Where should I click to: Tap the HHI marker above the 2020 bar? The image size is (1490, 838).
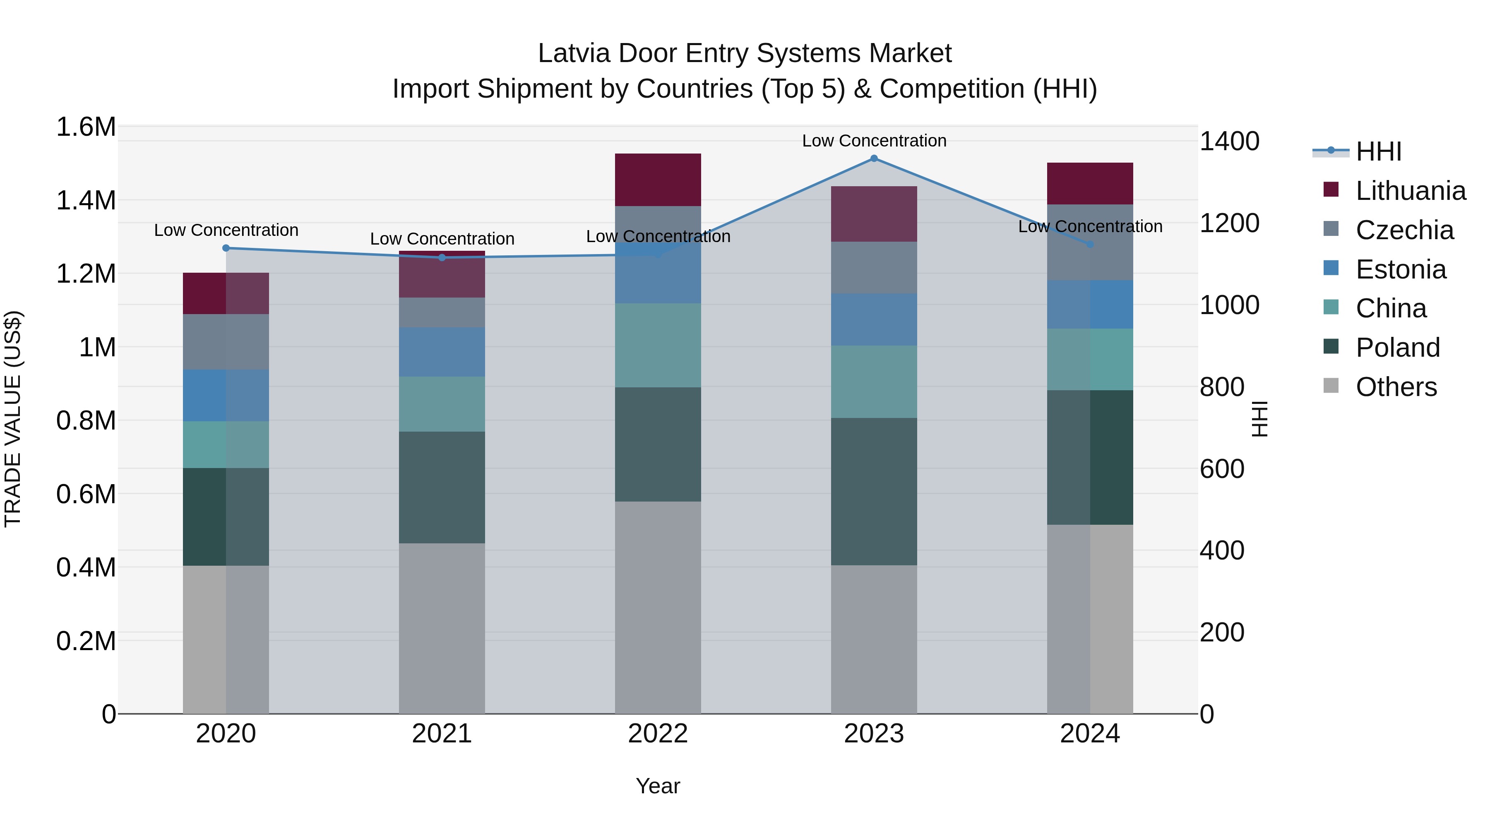click(226, 248)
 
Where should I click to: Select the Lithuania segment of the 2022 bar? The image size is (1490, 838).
click(658, 180)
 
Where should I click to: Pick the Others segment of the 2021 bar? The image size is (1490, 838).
click(442, 628)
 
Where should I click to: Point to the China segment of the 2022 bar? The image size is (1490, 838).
click(658, 345)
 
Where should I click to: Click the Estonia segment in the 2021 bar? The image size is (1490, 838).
click(442, 352)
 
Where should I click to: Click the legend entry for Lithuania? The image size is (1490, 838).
click(1410, 191)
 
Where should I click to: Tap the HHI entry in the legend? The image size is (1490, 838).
click(1378, 151)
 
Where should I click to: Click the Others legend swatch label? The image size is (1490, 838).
click(1395, 387)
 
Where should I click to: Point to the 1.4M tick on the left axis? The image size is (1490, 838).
click(86, 201)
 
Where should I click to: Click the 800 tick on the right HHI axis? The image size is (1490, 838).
click(1222, 387)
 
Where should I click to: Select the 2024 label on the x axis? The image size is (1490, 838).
click(1090, 734)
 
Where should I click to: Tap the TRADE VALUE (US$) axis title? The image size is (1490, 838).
click(13, 419)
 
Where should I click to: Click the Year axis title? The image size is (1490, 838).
click(658, 786)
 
